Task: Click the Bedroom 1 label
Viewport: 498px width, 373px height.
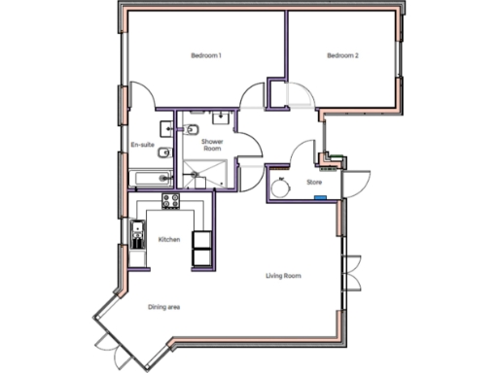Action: [x=206, y=56]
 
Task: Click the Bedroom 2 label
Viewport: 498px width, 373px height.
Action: [x=342, y=56]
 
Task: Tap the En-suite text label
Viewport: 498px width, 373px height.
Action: [x=142, y=146]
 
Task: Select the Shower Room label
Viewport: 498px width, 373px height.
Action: [x=212, y=147]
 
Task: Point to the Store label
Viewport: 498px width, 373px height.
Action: [x=314, y=182]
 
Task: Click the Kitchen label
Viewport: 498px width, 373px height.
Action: [x=169, y=239]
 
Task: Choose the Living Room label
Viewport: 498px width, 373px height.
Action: [x=283, y=277]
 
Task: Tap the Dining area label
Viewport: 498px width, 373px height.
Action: [x=164, y=308]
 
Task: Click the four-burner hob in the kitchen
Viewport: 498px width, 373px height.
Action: [x=171, y=201]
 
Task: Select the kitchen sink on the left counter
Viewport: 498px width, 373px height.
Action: [x=138, y=234]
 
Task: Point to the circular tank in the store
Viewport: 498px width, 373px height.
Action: [x=282, y=188]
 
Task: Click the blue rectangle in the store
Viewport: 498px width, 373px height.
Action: [x=318, y=197]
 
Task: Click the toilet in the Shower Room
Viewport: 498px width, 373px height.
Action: [x=192, y=128]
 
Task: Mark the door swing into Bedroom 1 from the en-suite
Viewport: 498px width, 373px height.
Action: [x=141, y=96]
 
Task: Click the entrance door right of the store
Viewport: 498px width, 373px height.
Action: [x=353, y=185]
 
